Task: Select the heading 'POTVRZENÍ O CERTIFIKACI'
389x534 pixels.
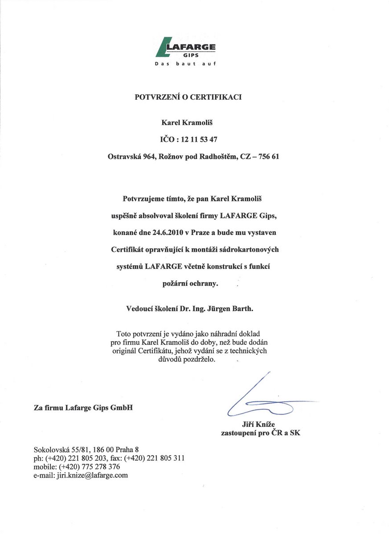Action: click(x=188, y=97)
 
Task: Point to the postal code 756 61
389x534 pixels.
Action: click(x=268, y=157)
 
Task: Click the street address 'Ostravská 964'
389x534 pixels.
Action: click(x=131, y=157)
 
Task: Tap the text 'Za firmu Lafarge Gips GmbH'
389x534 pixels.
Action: click(x=83, y=407)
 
